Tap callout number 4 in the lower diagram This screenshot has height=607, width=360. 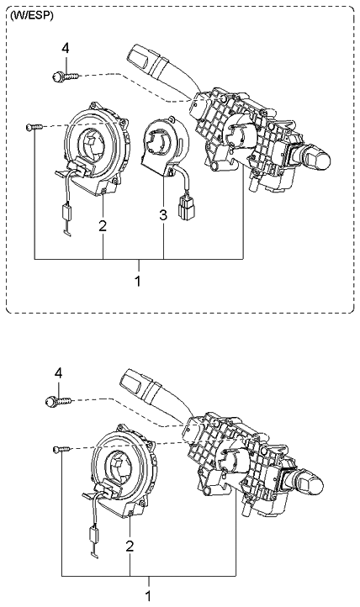click(58, 373)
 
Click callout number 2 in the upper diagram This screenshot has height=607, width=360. click(102, 225)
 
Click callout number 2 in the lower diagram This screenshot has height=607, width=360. click(130, 546)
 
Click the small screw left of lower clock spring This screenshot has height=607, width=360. click(58, 450)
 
